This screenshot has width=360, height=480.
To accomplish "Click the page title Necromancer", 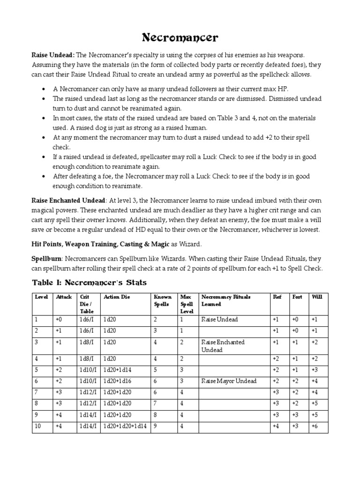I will [x=180, y=37].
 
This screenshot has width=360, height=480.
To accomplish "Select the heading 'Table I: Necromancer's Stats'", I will [x=89, y=282].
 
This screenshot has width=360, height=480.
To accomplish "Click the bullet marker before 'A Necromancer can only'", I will [x=44, y=89].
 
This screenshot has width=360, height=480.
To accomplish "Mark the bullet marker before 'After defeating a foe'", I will [x=44, y=176].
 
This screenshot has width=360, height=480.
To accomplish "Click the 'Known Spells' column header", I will [x=163, y=300].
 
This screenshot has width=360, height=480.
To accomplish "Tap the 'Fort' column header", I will [x=297, y=297].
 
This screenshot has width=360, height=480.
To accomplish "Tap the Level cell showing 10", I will [x=38, y=426].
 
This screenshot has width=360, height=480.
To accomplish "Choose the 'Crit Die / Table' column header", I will [x=88, y=304].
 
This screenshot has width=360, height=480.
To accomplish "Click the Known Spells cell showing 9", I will [x=156, y=426].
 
